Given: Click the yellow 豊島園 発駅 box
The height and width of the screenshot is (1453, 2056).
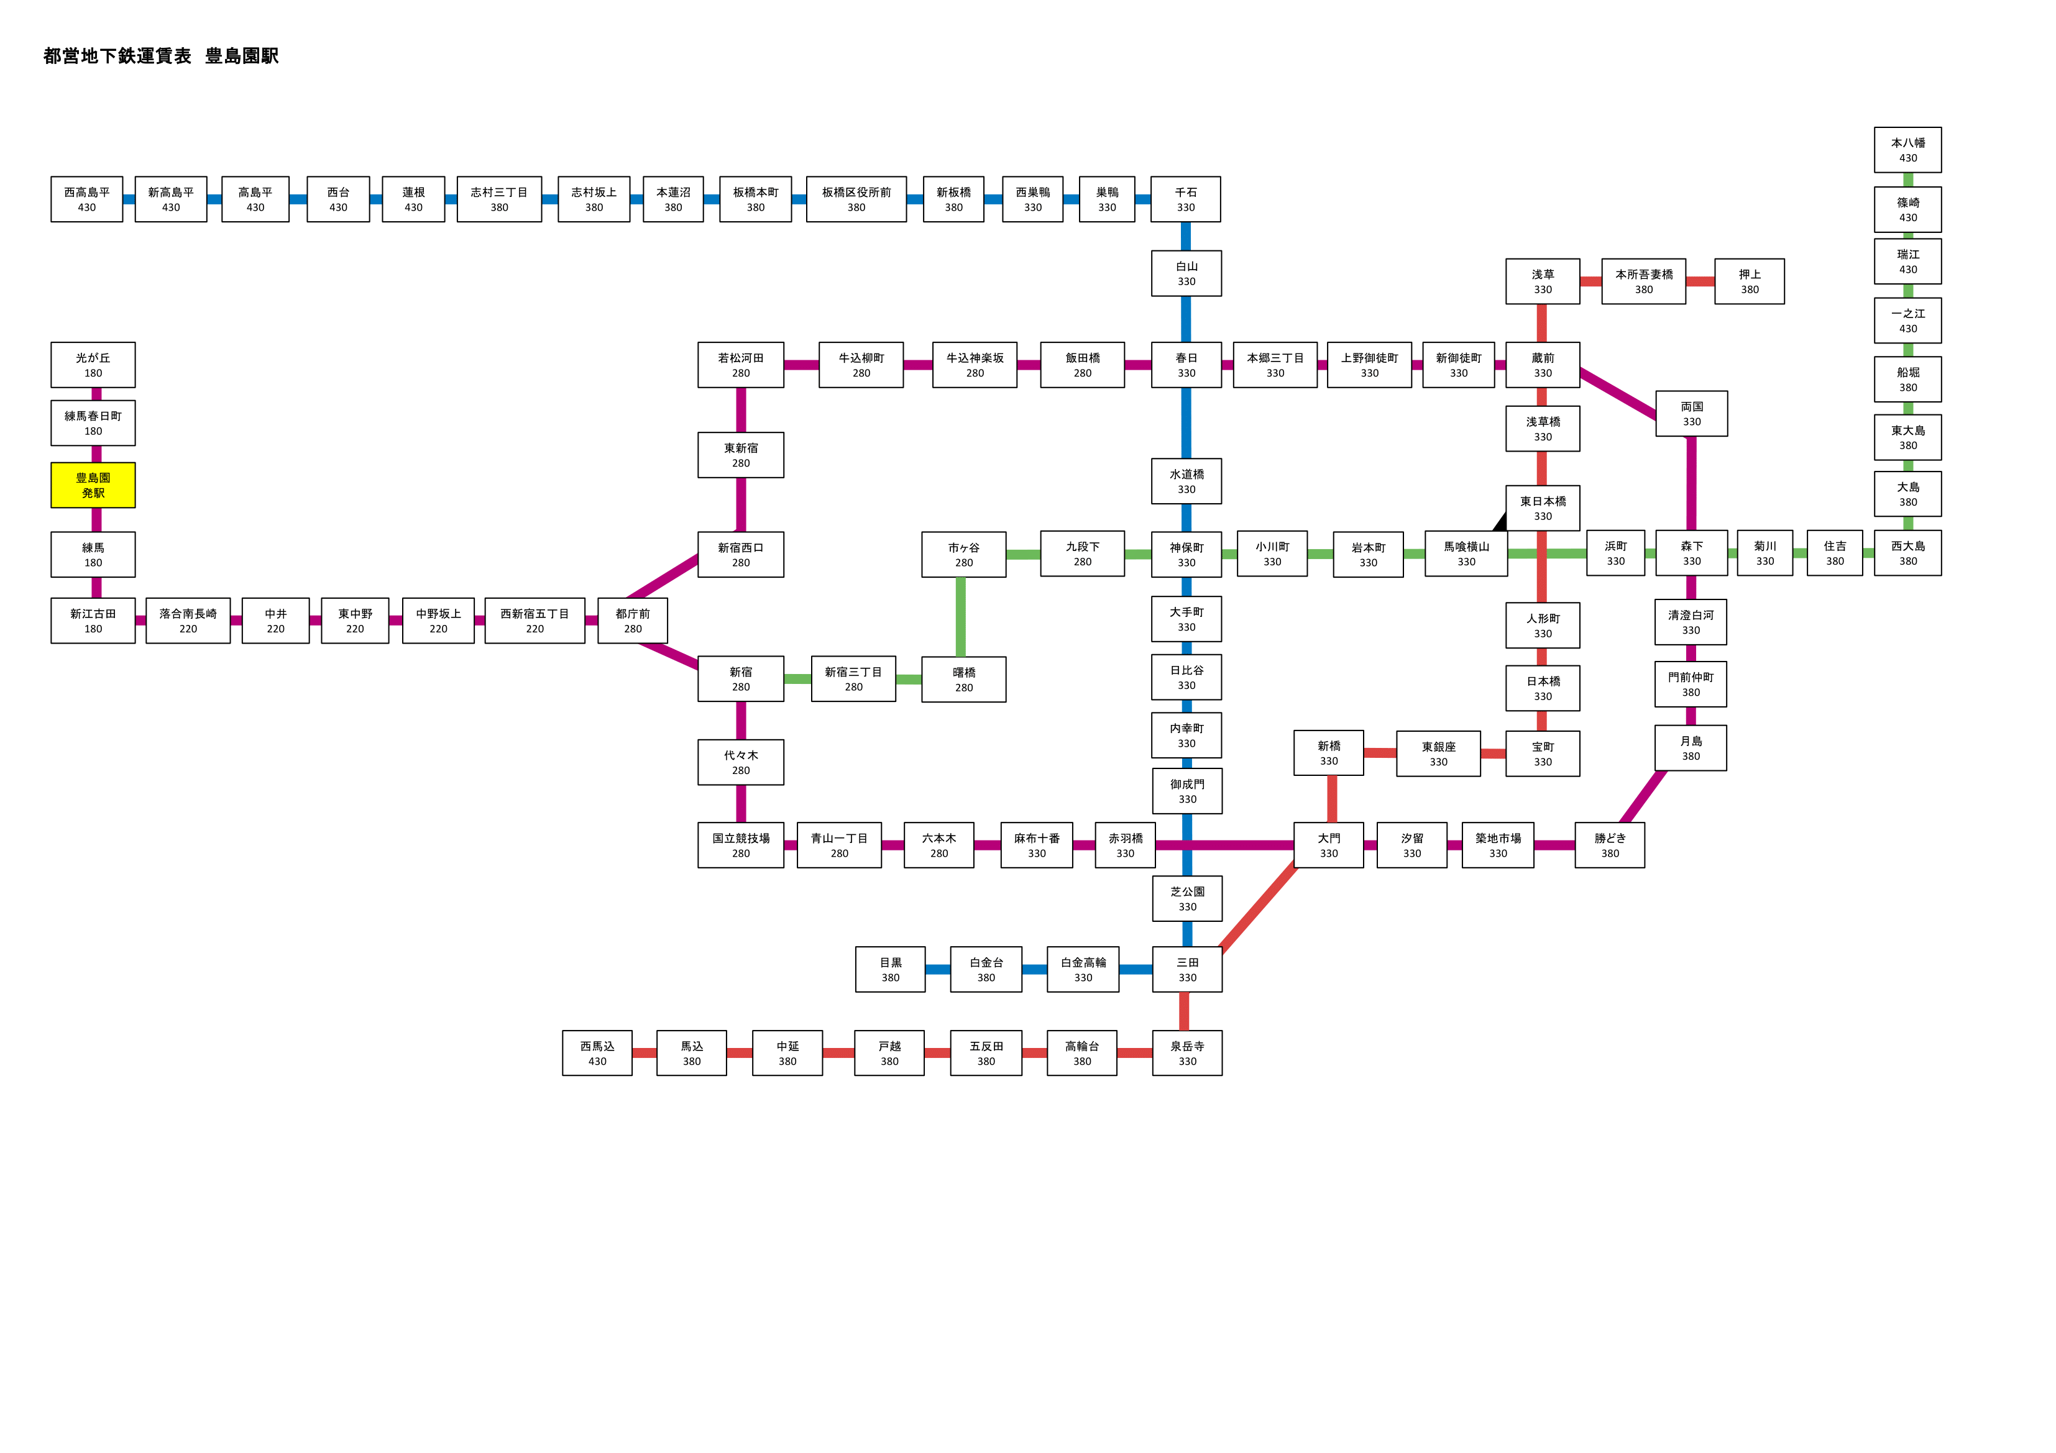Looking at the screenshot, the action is pyautogui.click(x=93, y=485).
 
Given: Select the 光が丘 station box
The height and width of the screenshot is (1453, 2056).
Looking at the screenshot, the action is pyautogui.click(x=93, y=365).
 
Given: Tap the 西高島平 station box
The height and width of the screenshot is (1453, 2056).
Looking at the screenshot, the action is pyautogui.click(x=87, y=199).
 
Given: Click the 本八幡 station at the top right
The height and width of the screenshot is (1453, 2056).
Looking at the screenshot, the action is pyautogui.click(x=1907, y=150).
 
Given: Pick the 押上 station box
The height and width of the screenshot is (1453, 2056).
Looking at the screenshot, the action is pyautogui.click(x=1749, y=281).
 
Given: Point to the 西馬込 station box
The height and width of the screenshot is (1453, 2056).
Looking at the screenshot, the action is pyautogui.click(x=597, y=1053).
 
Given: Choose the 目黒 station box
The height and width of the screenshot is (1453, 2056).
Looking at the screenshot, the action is pyautogui.click(x=890, y=970).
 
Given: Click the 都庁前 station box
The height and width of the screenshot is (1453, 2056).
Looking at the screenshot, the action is pyautogui.click(x=632, y=621).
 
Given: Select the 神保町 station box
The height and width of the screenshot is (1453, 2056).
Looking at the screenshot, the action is pyautogui.click(x=1186, y=554).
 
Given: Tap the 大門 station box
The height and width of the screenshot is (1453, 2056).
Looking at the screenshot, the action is pyautogui.click(x=1329, y=845).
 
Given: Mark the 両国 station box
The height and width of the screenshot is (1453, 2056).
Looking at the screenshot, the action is pyautogui.click(x=1692, y=414).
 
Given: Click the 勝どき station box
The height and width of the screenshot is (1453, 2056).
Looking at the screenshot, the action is pyautogui.click(x=1610, y=845).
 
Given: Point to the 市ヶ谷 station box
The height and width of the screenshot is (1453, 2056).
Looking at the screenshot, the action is pyautogui.click(x=963, y=554).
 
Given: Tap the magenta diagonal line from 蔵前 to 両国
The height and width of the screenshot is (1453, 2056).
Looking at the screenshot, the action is pyautogui.click(x=1618, y=393).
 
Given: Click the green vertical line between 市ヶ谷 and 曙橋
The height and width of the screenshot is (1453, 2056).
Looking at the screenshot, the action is pyautogui.click(x=961, y=617).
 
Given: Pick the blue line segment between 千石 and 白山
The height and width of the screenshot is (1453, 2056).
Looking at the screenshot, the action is pyautogui.click(x=1186, y=236).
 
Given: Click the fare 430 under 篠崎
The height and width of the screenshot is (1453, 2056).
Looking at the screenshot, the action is pyautogui.click(x=1908, y=217).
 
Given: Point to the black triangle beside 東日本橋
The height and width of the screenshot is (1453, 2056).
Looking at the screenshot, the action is pyautogui.click(x=1501, y=522).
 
